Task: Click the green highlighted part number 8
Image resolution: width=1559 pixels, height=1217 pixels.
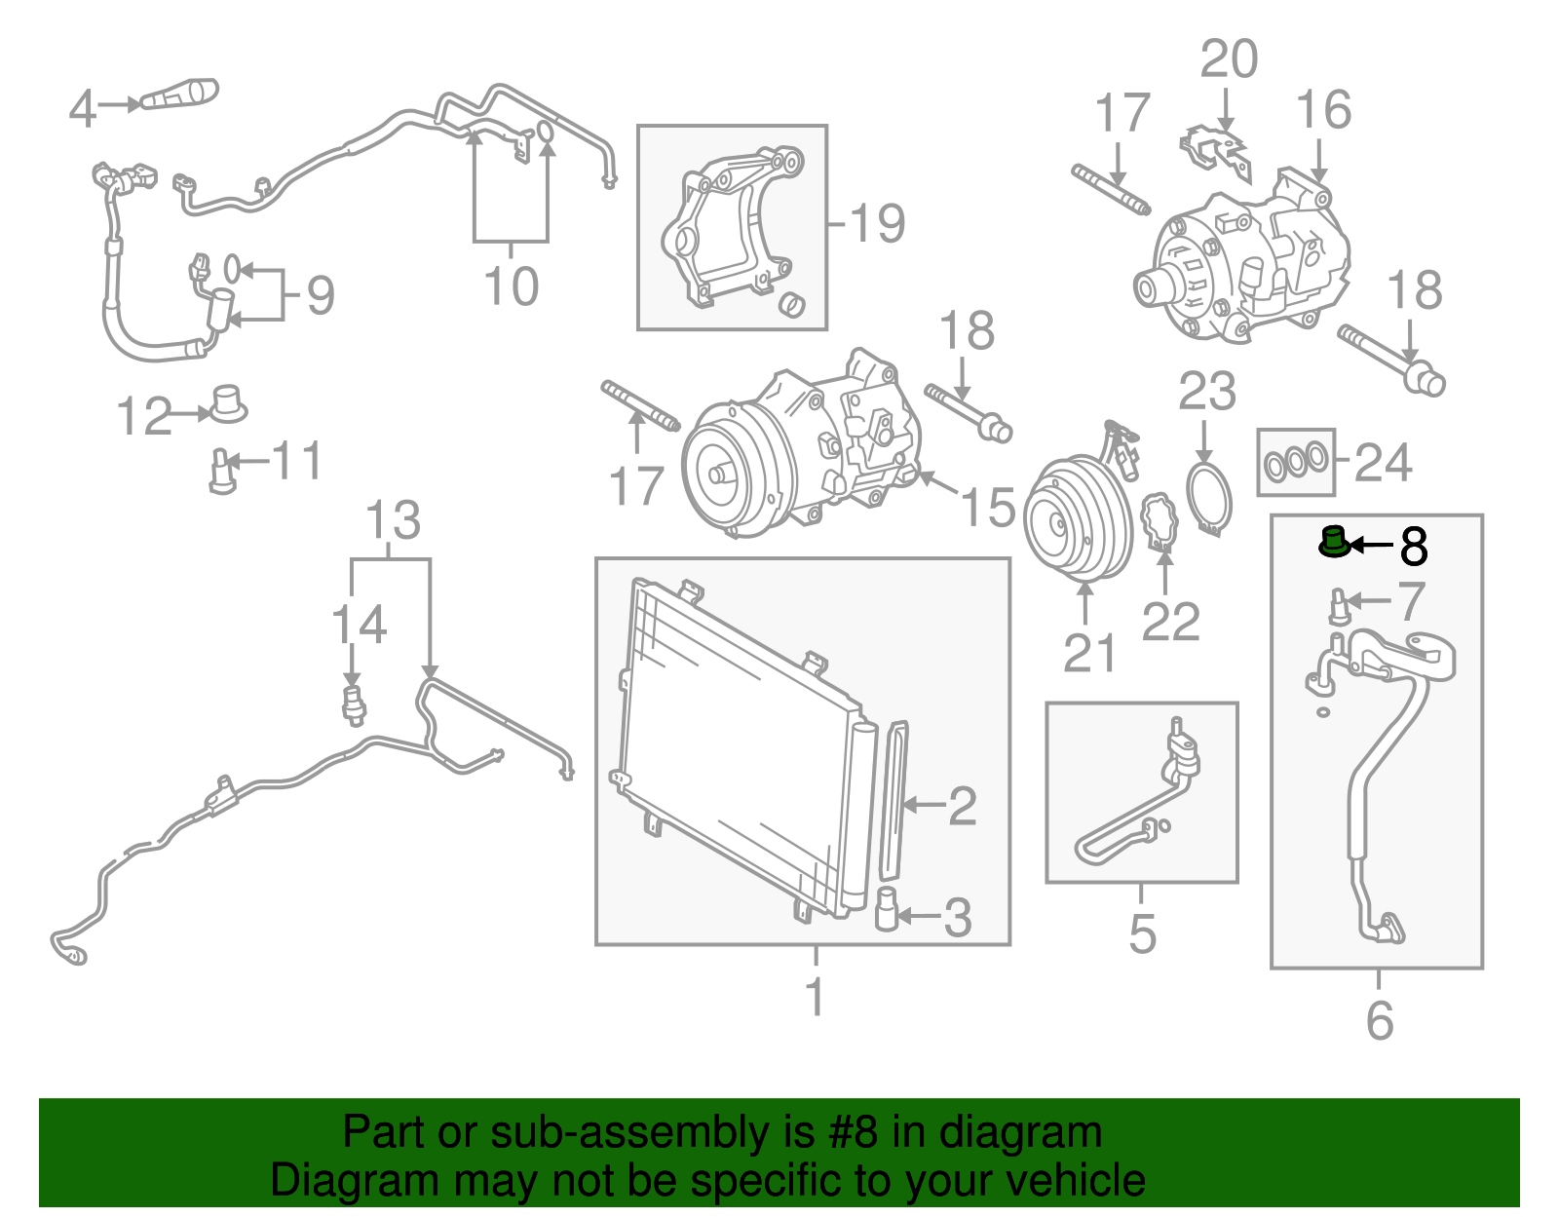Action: (1334, 542)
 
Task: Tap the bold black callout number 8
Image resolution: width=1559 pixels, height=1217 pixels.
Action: (1414, 547)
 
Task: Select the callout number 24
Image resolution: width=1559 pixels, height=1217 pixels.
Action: (1384, 463)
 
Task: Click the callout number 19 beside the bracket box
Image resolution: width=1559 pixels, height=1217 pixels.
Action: (878, 223)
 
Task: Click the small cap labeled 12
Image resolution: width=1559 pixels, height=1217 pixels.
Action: (227, 404)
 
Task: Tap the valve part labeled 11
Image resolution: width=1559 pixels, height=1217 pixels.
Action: (222, 472)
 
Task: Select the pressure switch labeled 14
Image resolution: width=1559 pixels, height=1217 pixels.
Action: (354, 706)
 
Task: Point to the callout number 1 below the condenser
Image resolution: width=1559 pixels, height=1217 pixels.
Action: (815, 997)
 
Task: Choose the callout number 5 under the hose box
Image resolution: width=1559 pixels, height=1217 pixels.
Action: (1142, 933)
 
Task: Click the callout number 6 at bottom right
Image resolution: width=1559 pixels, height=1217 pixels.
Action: (1380, 1020)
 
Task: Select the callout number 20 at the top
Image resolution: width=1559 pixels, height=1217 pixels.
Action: (1229, 58)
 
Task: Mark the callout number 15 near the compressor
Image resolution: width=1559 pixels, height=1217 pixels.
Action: (988, 508)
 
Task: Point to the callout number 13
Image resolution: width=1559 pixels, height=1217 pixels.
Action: (393, 520)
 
